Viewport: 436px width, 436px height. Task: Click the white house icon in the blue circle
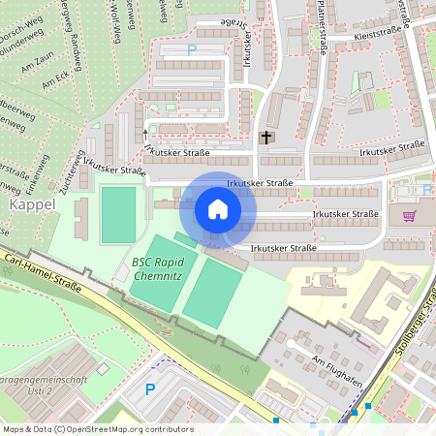(x=218, y=208)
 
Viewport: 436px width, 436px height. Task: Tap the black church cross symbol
(x=267, y=138)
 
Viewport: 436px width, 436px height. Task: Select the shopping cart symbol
(x=409, y=215)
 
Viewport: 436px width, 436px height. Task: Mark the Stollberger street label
(x=415, y=329)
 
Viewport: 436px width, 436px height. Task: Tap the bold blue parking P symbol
(x=150, y=389)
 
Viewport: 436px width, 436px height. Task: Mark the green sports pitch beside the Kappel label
(x=118, y=215)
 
